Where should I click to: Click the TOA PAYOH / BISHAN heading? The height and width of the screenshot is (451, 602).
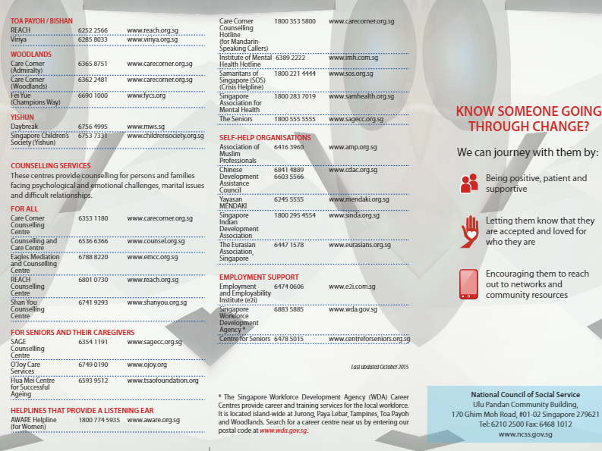[x=42, y=21]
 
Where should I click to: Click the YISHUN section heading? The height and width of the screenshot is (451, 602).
[x=22, y=117]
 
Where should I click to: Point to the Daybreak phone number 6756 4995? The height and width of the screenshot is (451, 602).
[x=93, y=127]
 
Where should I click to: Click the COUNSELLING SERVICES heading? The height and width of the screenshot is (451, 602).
[x=50, y=165]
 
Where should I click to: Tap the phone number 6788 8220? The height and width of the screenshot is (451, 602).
[x=93, y=257]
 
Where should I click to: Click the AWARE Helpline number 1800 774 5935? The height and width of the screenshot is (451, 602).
[x=99, y=419]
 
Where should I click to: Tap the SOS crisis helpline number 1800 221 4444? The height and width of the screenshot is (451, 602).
[x=295, y=74]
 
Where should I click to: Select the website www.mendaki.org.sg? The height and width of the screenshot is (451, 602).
[x=359, y=199]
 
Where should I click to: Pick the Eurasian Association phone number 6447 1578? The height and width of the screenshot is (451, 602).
[x=289, y=245]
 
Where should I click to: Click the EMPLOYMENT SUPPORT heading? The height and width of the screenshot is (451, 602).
[x=259, y=277]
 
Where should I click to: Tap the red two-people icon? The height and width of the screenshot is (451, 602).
[x=469, y=183]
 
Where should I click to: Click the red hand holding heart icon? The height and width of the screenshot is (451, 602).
[x=470, y=230]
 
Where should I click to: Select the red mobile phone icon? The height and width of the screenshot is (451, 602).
[x=469, y=282]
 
